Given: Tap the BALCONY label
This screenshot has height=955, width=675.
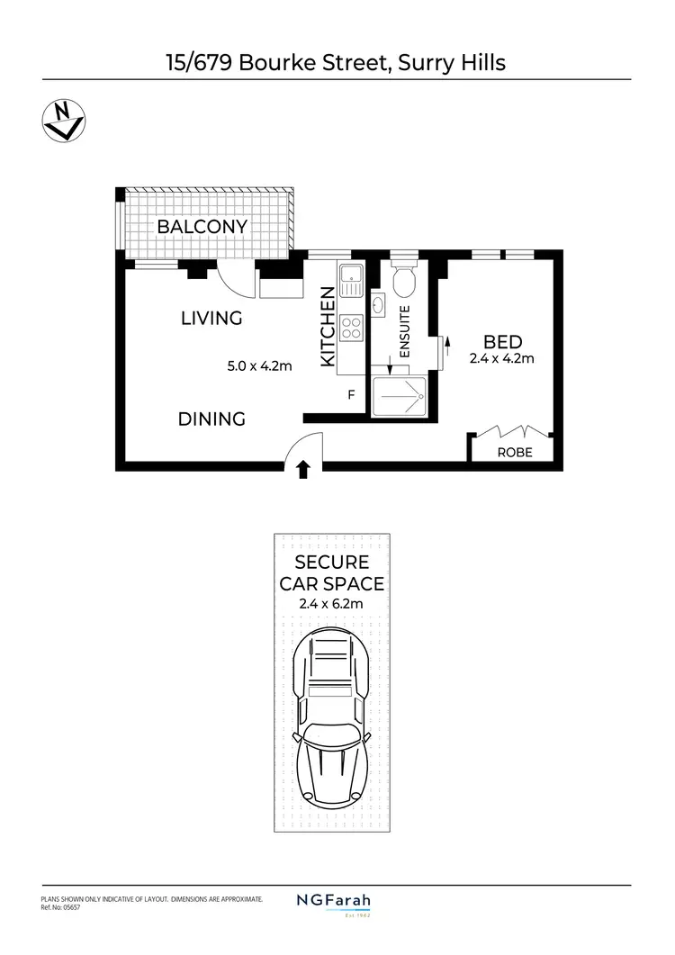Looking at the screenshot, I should coord(202,227).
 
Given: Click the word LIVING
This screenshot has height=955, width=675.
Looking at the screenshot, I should coord(211,318).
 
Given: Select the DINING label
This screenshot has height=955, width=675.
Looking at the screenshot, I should coord(211,419).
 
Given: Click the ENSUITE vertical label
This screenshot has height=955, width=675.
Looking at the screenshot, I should coord(404,332).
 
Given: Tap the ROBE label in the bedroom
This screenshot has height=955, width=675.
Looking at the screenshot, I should coord(515,453).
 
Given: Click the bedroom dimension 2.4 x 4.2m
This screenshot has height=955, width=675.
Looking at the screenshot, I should coord(502,358).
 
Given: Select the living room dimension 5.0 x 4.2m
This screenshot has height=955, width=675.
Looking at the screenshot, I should coord(260,365).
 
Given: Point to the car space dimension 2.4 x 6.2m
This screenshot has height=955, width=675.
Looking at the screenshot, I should coord(332,603).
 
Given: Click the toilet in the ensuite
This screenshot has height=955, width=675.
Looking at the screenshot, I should coord(403,281).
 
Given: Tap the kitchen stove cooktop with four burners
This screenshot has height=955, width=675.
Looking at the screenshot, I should coord(350,329).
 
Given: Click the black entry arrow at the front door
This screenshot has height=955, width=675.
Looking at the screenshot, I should coord(303,468).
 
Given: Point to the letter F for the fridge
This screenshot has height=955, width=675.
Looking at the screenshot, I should coord(351,394).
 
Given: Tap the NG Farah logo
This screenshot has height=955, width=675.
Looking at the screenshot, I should coord(334,901).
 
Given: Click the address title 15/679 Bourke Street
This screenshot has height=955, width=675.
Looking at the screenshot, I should coord(337,62).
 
